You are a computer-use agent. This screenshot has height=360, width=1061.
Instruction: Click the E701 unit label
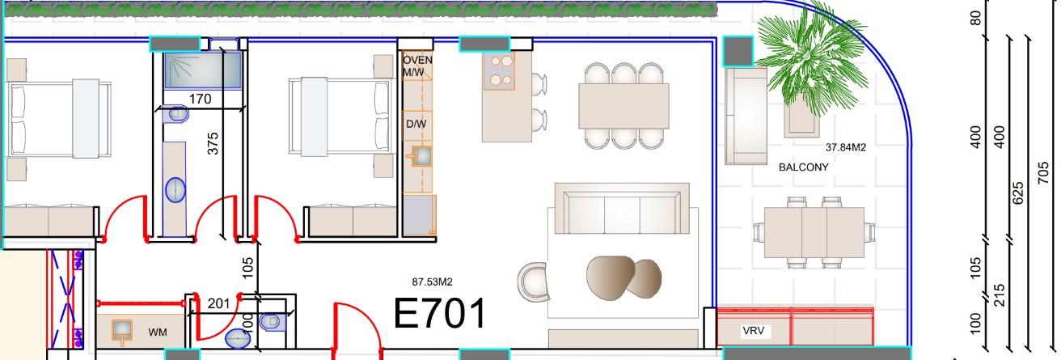click(440, 314)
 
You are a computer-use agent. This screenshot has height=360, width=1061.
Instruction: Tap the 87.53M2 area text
click(432, 282)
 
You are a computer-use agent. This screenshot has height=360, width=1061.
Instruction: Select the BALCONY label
click(803, 167)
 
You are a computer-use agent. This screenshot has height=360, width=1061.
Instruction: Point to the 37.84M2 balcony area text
click(846, 147)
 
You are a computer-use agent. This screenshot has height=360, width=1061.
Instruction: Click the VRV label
click(753, 331)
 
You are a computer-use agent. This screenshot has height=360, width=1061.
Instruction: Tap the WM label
click(157, 332)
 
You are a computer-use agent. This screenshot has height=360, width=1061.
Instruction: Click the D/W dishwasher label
click(416, 124)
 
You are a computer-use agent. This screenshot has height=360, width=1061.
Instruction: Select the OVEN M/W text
click(417, 66)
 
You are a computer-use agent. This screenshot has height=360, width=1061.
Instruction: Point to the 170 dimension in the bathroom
click(200, 99)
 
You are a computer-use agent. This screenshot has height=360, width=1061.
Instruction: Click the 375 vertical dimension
click(213, 143)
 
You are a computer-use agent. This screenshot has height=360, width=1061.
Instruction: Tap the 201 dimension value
click(218, 303)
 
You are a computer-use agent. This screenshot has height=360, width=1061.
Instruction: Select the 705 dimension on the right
click(1043, 173)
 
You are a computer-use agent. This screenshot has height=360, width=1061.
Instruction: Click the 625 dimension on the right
click(1017, 193)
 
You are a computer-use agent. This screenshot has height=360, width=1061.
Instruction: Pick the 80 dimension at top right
click(975, 19)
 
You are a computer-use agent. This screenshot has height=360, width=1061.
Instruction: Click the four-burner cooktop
click(499, 71)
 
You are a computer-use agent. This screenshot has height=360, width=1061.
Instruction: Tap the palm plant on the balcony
click(811, 59)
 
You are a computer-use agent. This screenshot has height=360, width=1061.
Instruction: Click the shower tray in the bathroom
click(203, 70)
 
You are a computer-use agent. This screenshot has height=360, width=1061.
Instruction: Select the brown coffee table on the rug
click(623, 277)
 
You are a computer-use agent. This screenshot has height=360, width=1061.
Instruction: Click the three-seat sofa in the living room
click(622, 209)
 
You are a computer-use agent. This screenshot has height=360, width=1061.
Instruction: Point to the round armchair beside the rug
click(533, 282)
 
